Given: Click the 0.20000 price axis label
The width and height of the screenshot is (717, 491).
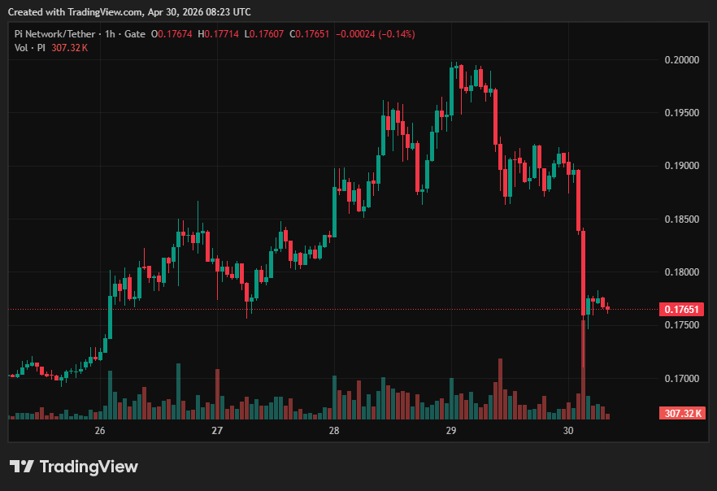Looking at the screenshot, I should tap(682, 59).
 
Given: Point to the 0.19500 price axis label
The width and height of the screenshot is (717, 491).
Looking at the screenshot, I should tap(682, 112).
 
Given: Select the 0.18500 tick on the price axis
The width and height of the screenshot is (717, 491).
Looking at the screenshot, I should tap(682, 219).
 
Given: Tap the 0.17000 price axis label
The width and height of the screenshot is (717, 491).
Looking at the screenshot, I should tap(682, 378).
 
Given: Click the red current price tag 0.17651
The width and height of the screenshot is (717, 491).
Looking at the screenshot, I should tap(682, 310).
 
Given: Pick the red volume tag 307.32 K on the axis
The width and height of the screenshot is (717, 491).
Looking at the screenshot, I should tap(682, 414).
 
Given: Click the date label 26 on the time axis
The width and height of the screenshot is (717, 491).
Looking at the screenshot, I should tap(100, 430).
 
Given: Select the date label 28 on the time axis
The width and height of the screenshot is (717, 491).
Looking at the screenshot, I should tap(333, 430).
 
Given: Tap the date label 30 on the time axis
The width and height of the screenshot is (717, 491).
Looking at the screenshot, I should tap(568, 430).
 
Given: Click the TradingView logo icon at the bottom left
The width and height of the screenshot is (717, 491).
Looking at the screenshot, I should tap(22, 467).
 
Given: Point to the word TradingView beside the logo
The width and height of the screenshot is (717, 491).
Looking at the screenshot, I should tap(89, 467).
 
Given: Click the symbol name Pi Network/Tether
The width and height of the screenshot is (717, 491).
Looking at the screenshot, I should tap(53, 34).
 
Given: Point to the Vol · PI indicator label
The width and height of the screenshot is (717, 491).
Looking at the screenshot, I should tap(30, 48).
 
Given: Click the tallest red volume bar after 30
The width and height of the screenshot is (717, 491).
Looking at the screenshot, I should tap(583, 370).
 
